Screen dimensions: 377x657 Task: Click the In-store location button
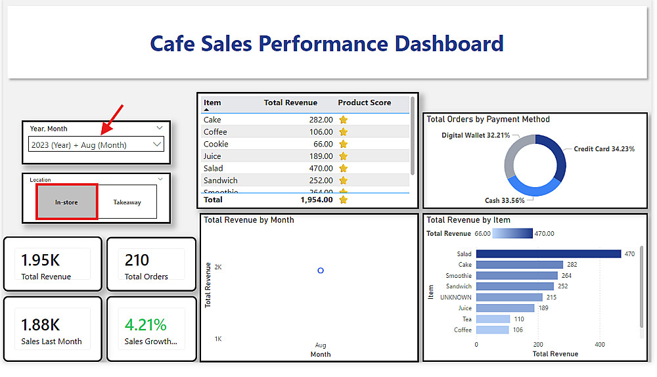(x=66, y=202)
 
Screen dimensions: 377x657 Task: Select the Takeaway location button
(x=127, y=202)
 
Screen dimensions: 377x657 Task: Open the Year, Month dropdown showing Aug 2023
(x=96, y=144)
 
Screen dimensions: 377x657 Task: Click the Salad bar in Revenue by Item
(x=548, y=254)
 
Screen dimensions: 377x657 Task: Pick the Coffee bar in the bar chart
(x=492, y=330)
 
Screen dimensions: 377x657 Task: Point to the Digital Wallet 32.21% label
(x=476, y=135)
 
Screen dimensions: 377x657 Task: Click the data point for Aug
(x=321, y=271)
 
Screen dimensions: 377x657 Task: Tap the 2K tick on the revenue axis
(x=218, y=267)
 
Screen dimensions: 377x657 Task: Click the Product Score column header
(x=364, y=102)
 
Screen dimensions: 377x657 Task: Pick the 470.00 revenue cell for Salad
(x=321, y=168)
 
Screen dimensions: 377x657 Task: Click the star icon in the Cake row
(x=343, y=120)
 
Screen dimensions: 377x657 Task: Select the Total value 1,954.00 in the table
(x=316, y=200)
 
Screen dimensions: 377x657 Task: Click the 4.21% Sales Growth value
(x=145, y=324)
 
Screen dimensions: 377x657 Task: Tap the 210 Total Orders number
(x=137, y=260)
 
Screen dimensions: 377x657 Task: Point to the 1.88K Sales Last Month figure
(x=41, y=324)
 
